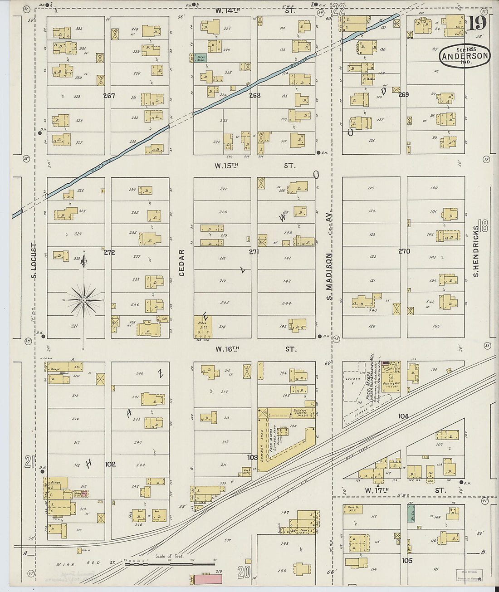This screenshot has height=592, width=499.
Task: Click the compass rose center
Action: (x=84, y=300)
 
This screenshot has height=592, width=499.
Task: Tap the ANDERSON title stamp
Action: (x=465, y=56)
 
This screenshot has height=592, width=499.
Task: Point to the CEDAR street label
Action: (x=181, y=262)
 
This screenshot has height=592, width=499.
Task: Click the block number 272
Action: (x=109, y=252)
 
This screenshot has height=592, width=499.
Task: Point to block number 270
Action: (x=404, y=251)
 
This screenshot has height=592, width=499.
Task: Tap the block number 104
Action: (x=403, y=416)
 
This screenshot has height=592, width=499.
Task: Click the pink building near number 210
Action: (x=208, y=579)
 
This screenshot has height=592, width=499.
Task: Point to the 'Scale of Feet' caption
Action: (x=168, y=556)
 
